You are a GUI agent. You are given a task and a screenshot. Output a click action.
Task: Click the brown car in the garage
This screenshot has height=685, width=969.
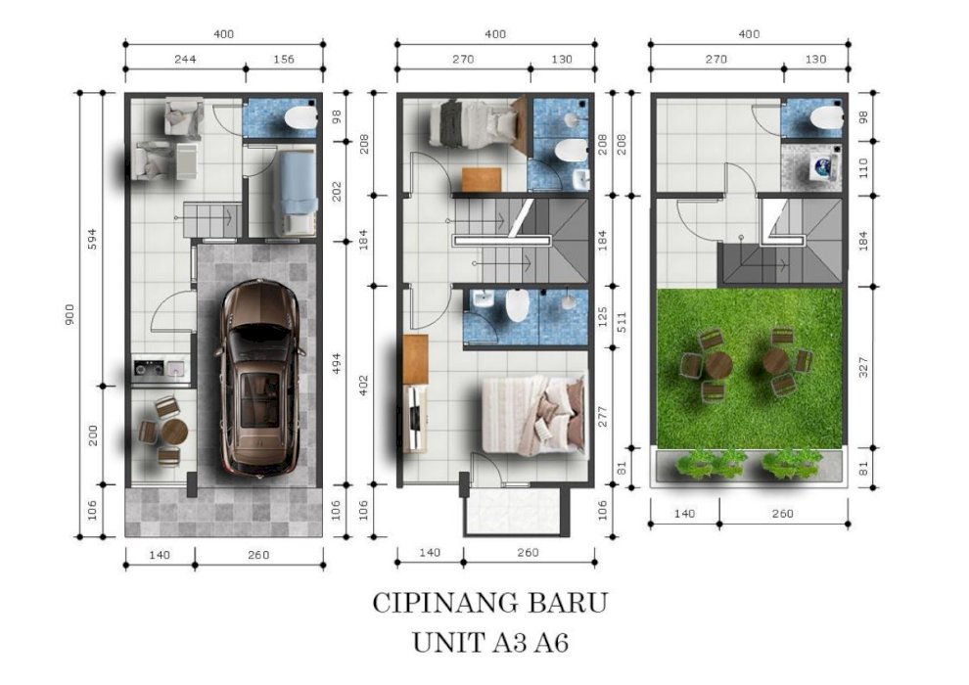pos(259,380)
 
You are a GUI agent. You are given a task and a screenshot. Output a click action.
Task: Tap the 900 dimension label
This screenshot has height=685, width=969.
pos(69,314)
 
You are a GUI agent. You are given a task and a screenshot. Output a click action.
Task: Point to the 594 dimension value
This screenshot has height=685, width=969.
pos(92,239)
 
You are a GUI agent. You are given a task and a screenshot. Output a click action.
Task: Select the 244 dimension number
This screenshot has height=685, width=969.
pos(185,60)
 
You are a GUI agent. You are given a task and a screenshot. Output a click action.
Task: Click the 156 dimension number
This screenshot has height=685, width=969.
pos(284,60)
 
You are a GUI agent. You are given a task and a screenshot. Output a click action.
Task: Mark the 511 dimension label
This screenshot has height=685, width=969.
pos(623,322)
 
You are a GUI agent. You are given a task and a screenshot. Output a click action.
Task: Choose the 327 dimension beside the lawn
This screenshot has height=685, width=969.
pos(864,368)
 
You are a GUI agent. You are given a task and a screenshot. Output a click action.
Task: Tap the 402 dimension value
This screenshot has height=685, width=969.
pos(363,386)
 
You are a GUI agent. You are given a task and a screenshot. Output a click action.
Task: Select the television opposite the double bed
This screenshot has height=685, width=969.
pos(415,418)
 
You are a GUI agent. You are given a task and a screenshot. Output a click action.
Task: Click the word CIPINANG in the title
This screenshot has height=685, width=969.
pos(438,603)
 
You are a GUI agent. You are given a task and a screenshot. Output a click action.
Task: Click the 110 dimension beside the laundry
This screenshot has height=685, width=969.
pos(864,168)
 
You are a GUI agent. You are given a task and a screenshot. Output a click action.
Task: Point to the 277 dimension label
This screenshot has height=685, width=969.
pos(603,416)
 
